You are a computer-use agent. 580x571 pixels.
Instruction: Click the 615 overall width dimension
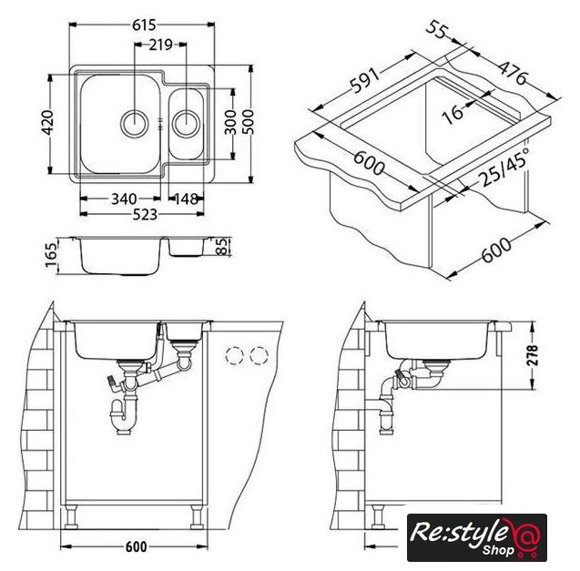click(144, 25)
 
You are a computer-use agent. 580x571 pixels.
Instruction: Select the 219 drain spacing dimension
click(160, 45)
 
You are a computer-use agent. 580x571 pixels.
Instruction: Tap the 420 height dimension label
click(48, 123)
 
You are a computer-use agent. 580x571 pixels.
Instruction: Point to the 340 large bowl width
click(124, 199)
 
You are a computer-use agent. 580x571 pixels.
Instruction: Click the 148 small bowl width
click(186, 199)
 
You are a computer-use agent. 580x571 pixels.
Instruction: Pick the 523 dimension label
click(145, 214)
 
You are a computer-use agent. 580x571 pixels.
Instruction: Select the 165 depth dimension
click(51, 254)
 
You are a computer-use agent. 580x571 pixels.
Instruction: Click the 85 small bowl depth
click(223, 247)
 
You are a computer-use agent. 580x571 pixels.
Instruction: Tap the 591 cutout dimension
click(365, 80)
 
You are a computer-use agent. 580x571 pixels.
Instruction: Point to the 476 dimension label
click(513, 73)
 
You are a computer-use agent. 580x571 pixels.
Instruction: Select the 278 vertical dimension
click(532, 355)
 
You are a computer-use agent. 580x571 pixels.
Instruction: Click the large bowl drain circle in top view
click(135, 124)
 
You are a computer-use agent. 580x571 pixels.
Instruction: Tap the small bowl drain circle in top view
click(187, 124)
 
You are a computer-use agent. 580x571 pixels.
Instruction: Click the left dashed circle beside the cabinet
click(235, 356)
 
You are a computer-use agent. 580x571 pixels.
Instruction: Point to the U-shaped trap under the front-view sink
click(123, 416)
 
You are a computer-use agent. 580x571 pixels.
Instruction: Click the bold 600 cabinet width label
click(137, 547)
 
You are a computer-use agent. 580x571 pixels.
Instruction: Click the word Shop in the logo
click(498, 550)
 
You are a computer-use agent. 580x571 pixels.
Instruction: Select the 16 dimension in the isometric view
click(453, 113)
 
